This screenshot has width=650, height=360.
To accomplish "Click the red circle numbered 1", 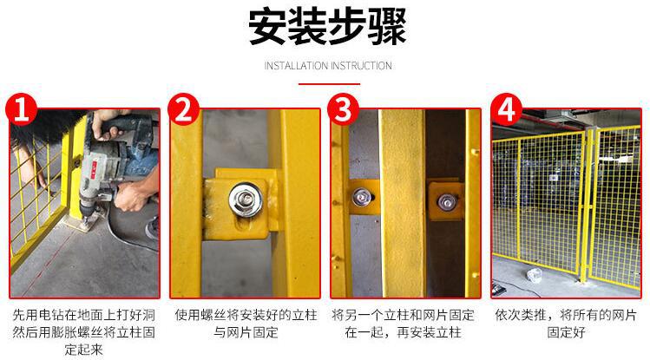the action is tap(21, 110).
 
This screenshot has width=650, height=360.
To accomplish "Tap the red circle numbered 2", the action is tap(184, 110).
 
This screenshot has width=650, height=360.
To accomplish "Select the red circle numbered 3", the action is tap(344, 110).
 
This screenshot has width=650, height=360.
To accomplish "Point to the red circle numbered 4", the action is tap(507, 110).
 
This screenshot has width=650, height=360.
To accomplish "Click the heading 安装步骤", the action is tap(327, 27).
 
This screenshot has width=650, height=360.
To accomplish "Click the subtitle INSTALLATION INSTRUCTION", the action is tap(328, 66).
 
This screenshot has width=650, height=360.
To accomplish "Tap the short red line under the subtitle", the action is tap(329, 84).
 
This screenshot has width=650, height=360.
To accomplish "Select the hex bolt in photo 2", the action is tap(246, 200).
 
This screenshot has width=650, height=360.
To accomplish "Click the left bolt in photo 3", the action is tap(361, 198).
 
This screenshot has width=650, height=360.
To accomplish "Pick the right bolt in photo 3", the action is tap(447, 202).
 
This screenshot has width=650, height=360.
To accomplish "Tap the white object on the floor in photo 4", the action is tap(535, 275).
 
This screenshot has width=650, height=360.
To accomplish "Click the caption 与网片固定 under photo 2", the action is tap(246, 332).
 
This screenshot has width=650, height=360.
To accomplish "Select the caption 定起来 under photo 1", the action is tap(83, 350).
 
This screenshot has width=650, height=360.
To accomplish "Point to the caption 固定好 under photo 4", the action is tap(566, 332).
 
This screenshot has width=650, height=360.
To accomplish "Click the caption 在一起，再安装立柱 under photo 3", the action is tap(403, 332).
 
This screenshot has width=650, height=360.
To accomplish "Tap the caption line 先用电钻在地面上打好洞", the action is tap(83, 315).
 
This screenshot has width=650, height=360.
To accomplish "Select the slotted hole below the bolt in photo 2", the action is tap(241, 226).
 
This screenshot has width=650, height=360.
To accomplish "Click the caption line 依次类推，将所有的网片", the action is tap(566, 315).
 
